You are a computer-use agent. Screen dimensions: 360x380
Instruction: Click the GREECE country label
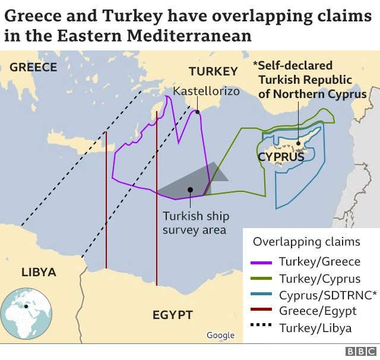[33, 67]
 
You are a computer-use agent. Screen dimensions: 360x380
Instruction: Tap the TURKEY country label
[213, 71]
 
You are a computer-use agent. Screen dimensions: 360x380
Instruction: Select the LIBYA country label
[39, 273]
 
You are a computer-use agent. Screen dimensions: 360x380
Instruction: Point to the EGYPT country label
[172, 314]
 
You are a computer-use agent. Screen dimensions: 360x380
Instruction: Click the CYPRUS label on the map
[281, 157]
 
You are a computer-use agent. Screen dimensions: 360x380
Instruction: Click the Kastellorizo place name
[206, 91]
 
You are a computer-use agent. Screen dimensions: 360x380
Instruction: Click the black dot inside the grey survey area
[189, 190]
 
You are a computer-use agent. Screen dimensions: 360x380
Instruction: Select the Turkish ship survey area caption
[196, 223]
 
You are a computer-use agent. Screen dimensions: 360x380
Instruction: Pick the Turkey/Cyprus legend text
[319, 279]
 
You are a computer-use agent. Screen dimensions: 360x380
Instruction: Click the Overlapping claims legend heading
[306, 242]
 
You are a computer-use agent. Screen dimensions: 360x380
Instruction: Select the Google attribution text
[220, 336]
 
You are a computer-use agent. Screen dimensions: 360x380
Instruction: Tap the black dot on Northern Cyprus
[297, 143]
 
